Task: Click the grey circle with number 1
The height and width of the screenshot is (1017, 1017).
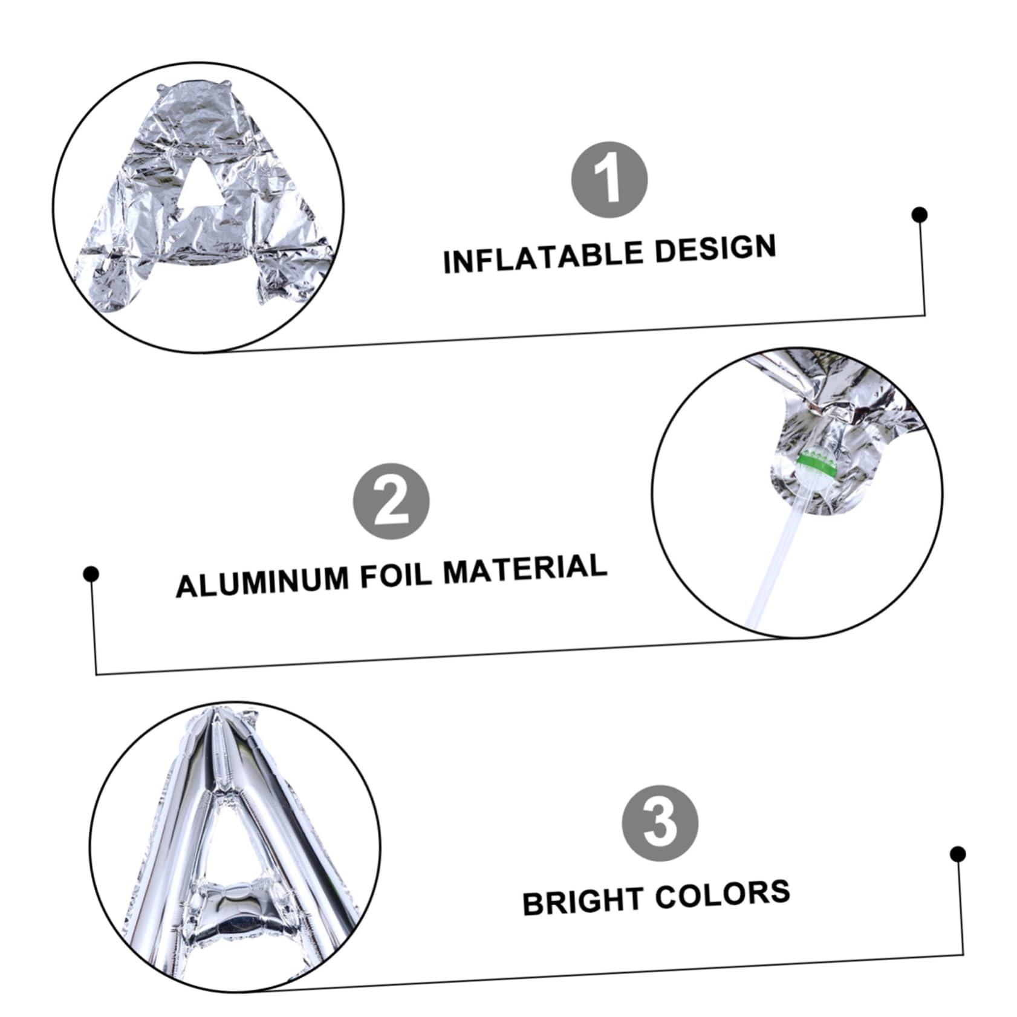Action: click(x=609, y=180)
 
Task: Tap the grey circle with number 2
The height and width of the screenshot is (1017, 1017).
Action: click(x=391, y=501)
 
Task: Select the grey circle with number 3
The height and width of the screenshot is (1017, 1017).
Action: click(x=660, y=824)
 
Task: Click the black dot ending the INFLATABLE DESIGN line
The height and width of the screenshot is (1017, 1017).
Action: click(x=920, y=215)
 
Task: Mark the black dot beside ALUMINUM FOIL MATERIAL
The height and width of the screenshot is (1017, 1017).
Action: click(x=91, y=574)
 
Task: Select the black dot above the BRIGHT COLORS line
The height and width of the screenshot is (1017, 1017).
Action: click(x=957, y=854)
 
